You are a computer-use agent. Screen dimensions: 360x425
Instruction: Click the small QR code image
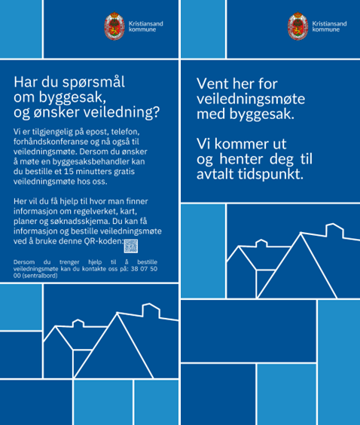[x=131, y=246]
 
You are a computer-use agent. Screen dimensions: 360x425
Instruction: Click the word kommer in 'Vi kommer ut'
[x=240, y=142]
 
